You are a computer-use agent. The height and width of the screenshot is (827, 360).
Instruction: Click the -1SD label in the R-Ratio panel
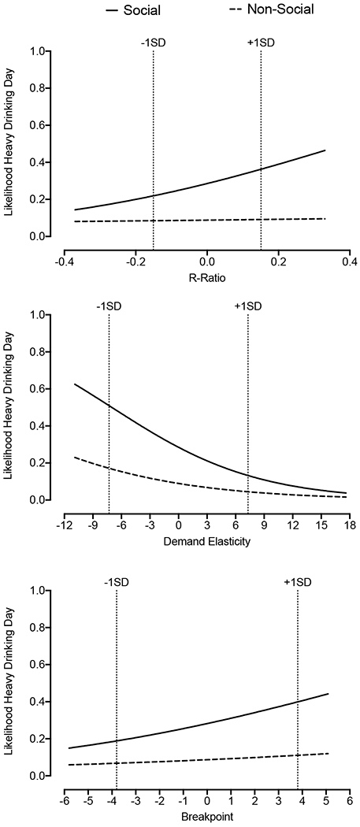tap(153, 42)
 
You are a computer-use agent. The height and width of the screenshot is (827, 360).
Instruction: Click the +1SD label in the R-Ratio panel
tap(260, 42)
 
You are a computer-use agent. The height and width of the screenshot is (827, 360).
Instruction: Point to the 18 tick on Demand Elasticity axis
tap(349, 524)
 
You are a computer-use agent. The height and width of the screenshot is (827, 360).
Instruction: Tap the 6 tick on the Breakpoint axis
tap(349, 799)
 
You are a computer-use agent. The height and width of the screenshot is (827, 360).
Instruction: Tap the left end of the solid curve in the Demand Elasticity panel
tap(75, 384)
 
